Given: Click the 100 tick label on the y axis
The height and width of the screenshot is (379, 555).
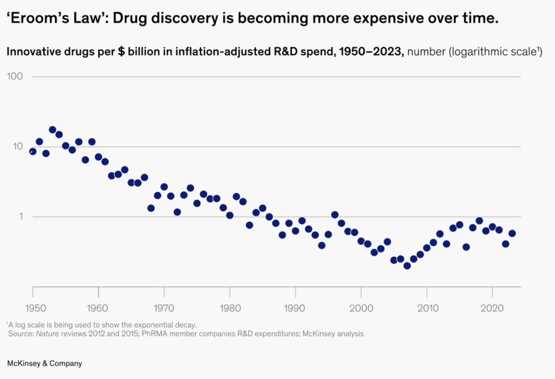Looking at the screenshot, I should (14, 76).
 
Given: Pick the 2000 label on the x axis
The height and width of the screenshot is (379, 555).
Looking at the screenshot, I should (361, 307).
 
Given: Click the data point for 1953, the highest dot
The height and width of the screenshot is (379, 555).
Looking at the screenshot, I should (53, 129).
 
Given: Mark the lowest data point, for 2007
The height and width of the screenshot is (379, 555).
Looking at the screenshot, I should (407, 266).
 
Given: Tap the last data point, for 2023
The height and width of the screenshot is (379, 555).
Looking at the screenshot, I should (512, 233).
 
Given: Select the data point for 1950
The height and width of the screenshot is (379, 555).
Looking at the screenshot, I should (33, 151).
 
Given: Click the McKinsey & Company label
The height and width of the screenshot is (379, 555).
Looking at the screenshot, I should (44, 363).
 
